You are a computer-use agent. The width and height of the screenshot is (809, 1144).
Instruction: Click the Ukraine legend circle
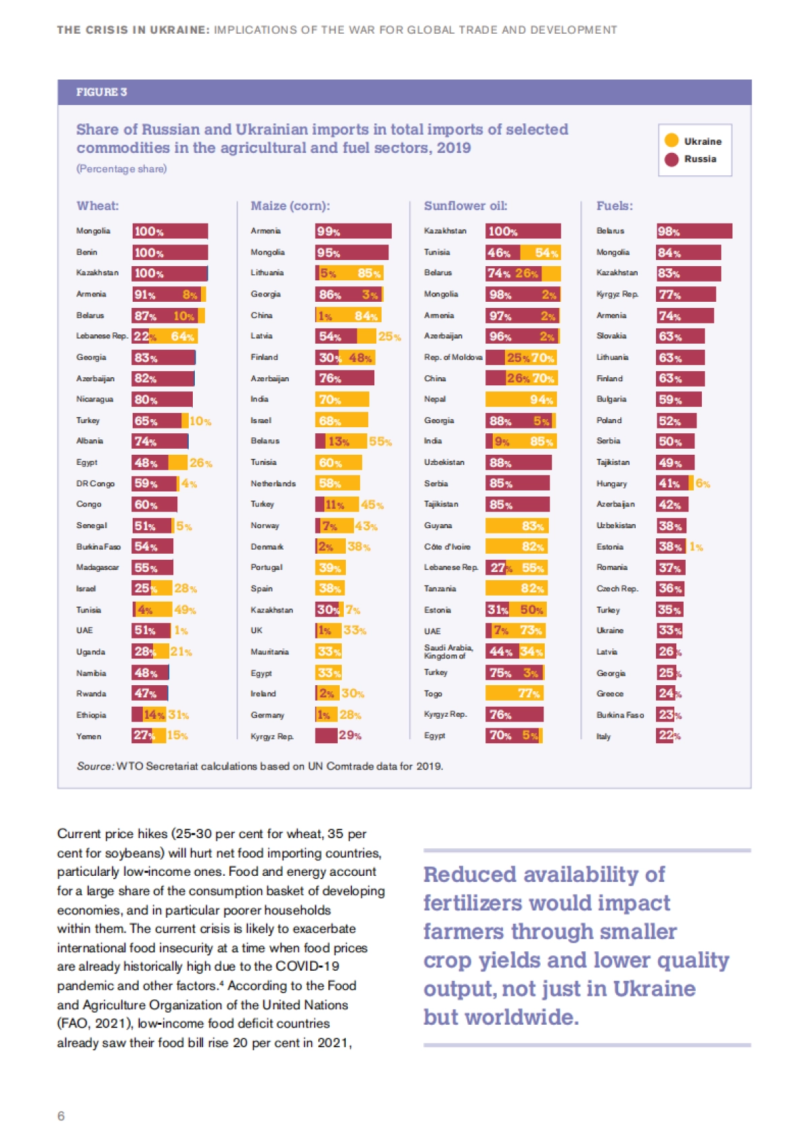tap(671, 140)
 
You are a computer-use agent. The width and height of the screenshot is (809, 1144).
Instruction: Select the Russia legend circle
tap(671, 159)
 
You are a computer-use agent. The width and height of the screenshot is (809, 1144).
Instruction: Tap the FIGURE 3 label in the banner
tap(101, 92)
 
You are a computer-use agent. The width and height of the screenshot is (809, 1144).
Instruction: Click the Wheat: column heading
tap(98, 206)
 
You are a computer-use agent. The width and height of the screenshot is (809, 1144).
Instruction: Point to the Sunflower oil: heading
tap(465, 206)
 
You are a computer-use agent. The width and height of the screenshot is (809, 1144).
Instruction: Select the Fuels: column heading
tap(614, 206)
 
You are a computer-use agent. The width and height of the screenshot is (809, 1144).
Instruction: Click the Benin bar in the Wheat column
tap(170, 253)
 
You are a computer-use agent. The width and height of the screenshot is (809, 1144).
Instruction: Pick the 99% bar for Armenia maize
tap(353, 231)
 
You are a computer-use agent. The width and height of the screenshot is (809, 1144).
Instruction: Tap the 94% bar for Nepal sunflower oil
tap(523, 400)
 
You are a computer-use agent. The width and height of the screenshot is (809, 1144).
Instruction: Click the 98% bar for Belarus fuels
tap(694, 231)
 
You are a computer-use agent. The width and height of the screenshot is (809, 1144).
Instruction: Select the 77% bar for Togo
tap(514, 693)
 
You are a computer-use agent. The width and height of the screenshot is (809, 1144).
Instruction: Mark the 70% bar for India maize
tap(342, 400)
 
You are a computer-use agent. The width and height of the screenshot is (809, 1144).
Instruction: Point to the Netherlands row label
tap(273, 484)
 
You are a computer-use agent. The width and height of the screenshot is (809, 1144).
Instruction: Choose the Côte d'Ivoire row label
tap(447, 546)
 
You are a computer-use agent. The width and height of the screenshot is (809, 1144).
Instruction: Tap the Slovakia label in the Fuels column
tap(611, 336)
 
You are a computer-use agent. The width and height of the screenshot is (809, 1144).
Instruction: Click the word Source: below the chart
tap(95, 767)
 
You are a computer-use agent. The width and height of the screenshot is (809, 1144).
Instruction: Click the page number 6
tap(61, 1116)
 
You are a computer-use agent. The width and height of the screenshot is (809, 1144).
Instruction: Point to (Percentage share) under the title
tap(121, 168)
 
